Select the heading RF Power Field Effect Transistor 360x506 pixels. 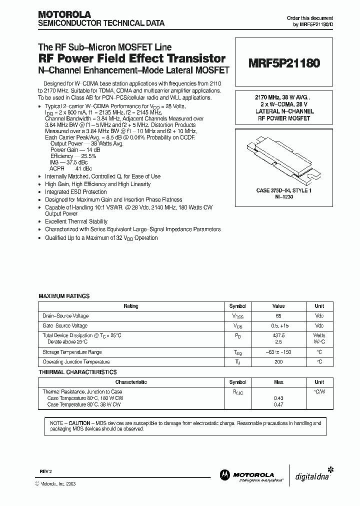[132, 59]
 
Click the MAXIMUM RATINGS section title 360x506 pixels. [64, 296]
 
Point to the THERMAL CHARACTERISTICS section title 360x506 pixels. [77, 372]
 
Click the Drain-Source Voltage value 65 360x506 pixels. [278, 316]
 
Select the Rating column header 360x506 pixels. [130, 306]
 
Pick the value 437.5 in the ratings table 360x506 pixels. [278, 335]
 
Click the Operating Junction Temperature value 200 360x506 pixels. [278, 362]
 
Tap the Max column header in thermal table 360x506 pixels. [278, 382]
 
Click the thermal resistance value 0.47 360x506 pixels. [278, 404]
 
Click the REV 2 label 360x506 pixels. [45, 471]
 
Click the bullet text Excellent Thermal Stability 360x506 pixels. [76, 221]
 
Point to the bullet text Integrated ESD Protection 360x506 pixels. [76, 192]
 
